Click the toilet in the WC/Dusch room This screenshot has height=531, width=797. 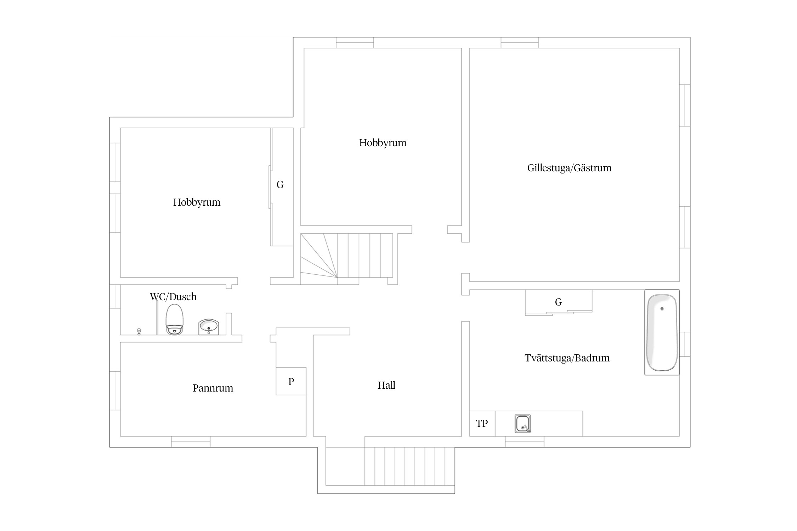pyautogui.click(x=175, y=319)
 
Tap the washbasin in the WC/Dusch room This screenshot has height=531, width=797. pyautogui.click(x=209, y=327)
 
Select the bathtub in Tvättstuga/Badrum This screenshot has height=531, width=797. pyautogui.click(x=662, y=332)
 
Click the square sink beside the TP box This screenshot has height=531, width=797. pyautogui.click(x=523, y=423)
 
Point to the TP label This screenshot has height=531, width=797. pyautogui.click(x=482, y=423)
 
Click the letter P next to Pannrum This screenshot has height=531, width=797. pyautogui.click(x=291, y=382)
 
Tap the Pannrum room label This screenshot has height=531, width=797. pyautogui.click(x=213, y=388)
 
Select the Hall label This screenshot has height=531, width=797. pyautogui.click(x=386, y=385)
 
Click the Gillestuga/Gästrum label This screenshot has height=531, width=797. pyautogui.click(x=569, y=168)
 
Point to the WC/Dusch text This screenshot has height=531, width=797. pyautogui.click(x=173, y=297)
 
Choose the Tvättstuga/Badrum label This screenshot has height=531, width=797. pyautogui.click(x=567, y=358)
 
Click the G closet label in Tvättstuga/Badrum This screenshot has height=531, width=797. pyautogui.click(x=559, y=302)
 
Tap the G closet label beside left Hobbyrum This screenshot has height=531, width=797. pyautogui.click(x=280, y=184)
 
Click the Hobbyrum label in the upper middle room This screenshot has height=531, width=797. pyautogui.click(x=383, y=143)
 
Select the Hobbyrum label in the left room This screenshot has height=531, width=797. pyautogui.click(x=197, y=202)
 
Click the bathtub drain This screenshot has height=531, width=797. pyautogui.click(x=662, y=309)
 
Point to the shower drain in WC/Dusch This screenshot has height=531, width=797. pyautogui.click(x=139, y=331)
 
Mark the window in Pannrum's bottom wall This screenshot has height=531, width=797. pyautogui.click(x=191, y=442)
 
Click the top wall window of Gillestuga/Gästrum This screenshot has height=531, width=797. pyautogui.click(x=520, y=42)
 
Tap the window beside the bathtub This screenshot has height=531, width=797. pyautogui.click(x=685, y=344)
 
